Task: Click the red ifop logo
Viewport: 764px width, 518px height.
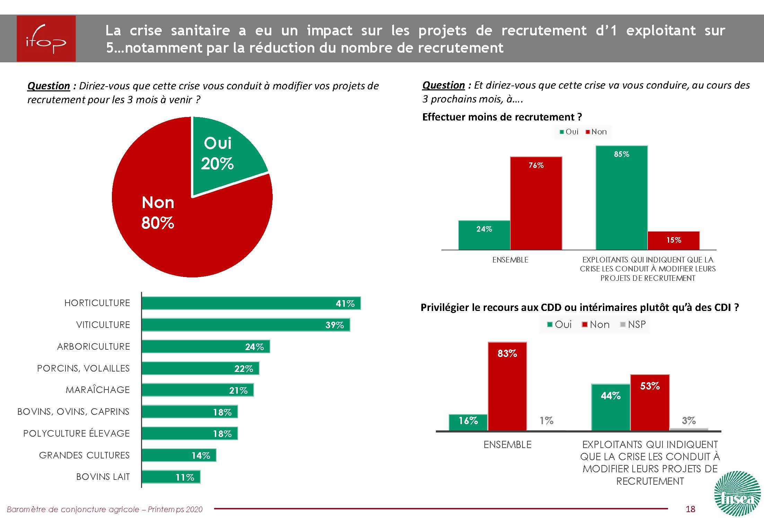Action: click(x=46, y=38)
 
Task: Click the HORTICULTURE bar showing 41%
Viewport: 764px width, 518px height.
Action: click(x=251, y=303)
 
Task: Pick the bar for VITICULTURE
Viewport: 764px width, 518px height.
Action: click(x=245, y=325)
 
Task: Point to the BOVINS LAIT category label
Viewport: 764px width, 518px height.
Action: click(x=103, y=477)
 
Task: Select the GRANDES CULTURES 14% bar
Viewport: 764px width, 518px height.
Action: click(x=179, y=455)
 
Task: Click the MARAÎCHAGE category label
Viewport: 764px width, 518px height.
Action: click(x=98, y=390)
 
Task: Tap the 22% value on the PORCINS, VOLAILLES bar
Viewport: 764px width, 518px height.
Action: click(x=244, y=369)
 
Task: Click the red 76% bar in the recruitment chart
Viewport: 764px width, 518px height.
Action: click(x=536, y=203)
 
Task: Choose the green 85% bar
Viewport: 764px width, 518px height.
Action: click(x=622, y=198)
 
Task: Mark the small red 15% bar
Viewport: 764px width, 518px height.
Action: click(x=674, y=241)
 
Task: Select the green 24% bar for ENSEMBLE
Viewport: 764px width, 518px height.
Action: click(x=484, y=235)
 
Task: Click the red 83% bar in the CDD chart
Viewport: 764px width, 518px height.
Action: click(x=507, y=386)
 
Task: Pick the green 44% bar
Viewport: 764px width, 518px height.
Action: click(x=611, y=408)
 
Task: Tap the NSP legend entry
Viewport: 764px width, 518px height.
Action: click(x=633, y=324)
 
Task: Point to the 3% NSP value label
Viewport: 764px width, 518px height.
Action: click(x=688, y=421)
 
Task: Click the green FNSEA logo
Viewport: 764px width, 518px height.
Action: click(x=738, y=493)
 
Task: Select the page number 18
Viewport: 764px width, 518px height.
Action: click(x=690, y=509)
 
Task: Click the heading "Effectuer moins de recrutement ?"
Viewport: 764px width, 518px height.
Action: click(x=502, y=117)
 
